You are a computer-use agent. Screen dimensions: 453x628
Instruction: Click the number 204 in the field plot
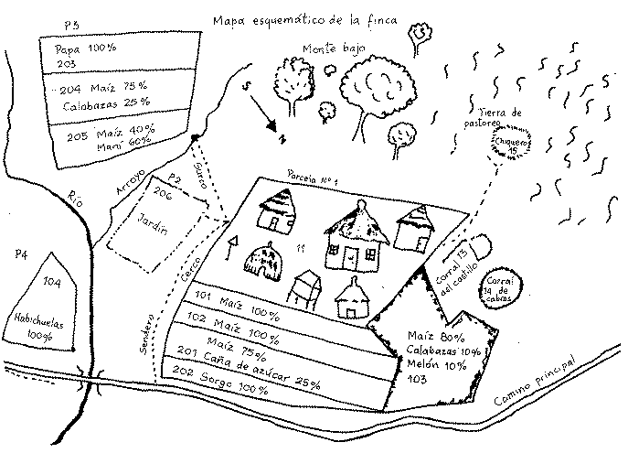(70, 90)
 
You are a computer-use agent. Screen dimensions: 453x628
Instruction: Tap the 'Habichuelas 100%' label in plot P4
(44, 327)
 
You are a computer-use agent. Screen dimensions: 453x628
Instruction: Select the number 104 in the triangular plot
(51, 284)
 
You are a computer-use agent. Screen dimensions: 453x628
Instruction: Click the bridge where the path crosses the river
(90, 381)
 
